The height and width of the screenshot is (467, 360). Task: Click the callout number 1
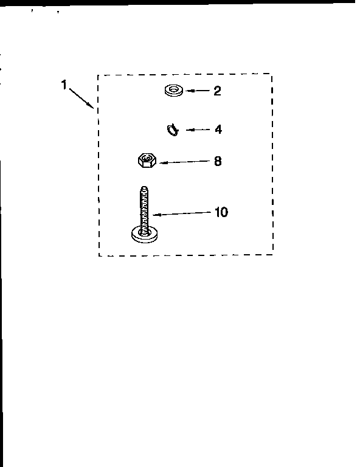(64, 85)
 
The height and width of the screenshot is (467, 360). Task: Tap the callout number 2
(217, 91)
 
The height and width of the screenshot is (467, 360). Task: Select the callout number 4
(218, 130)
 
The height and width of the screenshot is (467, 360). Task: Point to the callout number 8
(218, 161)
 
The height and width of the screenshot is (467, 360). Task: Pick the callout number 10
(221, 212)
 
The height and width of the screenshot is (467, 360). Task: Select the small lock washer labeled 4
(173, 130)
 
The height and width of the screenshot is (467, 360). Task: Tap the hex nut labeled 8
(147, 161)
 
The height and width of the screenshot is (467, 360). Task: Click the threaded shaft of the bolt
(144, 209)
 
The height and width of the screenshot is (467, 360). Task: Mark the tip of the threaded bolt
(144, 187)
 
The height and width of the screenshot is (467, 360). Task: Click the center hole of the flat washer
(173, 89)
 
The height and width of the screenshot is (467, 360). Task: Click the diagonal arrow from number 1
(81, 98)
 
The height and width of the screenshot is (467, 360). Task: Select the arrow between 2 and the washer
(198, 91)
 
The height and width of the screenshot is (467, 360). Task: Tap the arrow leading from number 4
(198, 130)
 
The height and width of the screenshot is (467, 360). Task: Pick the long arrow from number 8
(185, 162)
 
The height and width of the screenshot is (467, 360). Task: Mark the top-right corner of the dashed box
(271, 74)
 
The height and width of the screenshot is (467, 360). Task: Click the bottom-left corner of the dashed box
(99, 255)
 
